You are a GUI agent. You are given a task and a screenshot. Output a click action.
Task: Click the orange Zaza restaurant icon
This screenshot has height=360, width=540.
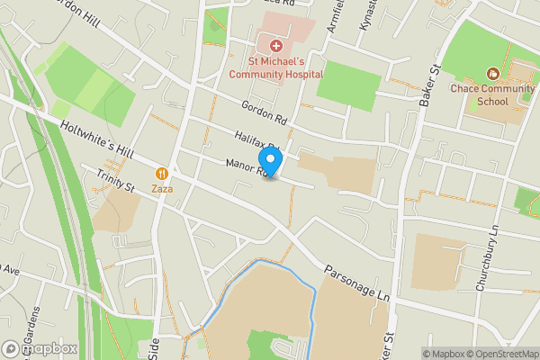point(162,173)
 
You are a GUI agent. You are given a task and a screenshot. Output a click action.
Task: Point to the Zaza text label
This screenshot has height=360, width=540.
point(162,189)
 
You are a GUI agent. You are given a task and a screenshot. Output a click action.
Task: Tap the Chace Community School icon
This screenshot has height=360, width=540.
point(492,73)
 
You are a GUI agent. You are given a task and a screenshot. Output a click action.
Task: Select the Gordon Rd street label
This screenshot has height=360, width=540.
point(263,112)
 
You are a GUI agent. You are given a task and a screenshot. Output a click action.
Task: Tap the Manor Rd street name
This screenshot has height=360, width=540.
point(247,166)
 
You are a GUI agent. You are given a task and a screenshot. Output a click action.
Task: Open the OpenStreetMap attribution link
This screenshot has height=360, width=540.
point(503,354)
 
